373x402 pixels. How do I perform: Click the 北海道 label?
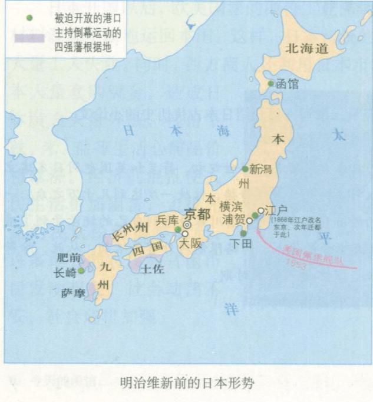point(306,49)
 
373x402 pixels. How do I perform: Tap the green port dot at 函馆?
point(271,84)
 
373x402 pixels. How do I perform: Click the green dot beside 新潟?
point(245,169)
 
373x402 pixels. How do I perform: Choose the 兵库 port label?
point(167,220)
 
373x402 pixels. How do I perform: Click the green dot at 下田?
point(243,233)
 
